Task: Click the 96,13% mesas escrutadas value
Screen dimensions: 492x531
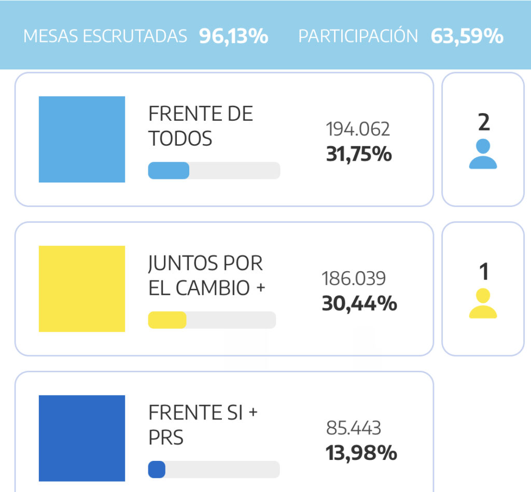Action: click(x=233, y=36)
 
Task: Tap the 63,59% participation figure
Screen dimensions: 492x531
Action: click(x=467, y=36)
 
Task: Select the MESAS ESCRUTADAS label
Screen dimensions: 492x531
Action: click(x=105, y=36)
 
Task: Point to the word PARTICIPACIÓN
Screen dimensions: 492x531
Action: click(x=358, y=36)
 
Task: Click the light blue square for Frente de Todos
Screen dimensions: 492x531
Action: click(x=82, y=139)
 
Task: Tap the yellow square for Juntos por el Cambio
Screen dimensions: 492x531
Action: click(x=82, y=288)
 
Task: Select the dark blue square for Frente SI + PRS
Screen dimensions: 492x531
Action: click(x=82, y=438)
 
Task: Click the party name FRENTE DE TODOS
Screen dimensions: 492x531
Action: click(x=200, y=126)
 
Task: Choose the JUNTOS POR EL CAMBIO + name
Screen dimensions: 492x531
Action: click(x=206, y=276)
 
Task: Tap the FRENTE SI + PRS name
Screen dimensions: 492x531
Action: click(x=203, y=425)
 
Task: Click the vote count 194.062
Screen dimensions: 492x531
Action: click(x=358, y=129)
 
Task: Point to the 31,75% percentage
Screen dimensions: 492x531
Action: click(x=359, y=154)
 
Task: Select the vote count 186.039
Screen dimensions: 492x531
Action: click(x=354, y=278)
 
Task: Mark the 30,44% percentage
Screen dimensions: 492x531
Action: click(x=359, y=303)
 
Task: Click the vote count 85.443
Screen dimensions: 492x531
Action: click(x=354, y=428)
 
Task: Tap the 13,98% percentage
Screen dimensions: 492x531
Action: click(x=361, y=453)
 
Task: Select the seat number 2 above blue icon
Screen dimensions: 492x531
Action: click(x=483, y=123)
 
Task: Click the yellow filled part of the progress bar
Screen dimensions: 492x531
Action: click(x=167, y=320)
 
